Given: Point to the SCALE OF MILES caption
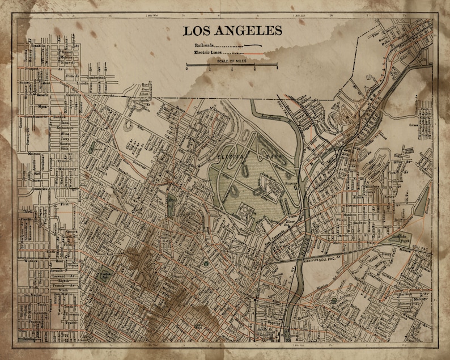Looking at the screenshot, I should click(x=232, y=60).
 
